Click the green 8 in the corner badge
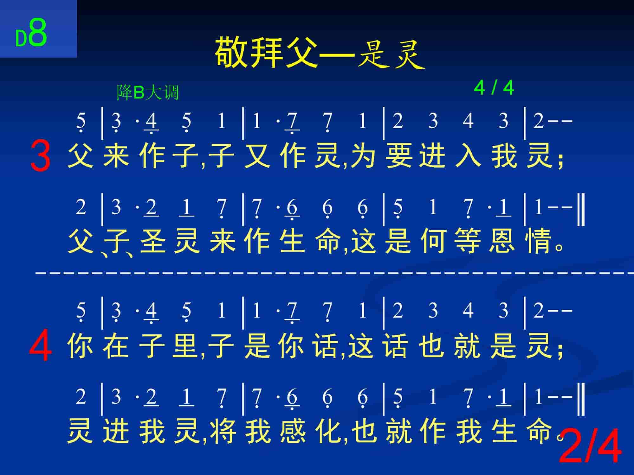38,32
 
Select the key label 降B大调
148,92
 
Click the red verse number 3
40,156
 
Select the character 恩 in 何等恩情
501,240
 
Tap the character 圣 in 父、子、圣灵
153,240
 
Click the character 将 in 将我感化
223,431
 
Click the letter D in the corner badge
21,38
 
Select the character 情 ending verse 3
537,240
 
